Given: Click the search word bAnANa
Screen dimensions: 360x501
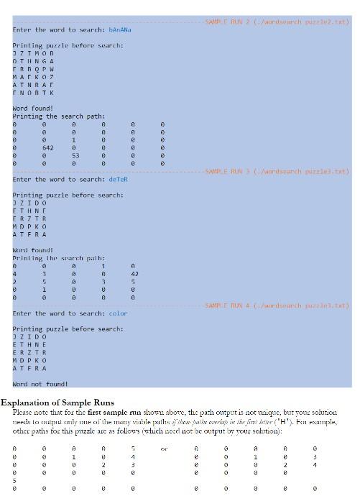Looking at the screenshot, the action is (120, 29).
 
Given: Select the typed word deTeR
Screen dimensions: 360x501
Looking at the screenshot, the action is (118, 179).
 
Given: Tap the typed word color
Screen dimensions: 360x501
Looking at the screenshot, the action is (118, 313).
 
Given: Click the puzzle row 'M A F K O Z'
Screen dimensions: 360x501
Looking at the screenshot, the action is (34, 77).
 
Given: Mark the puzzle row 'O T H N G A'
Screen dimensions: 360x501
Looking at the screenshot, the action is (34, 61).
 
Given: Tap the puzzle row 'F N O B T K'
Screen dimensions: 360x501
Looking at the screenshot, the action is (34, 93).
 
